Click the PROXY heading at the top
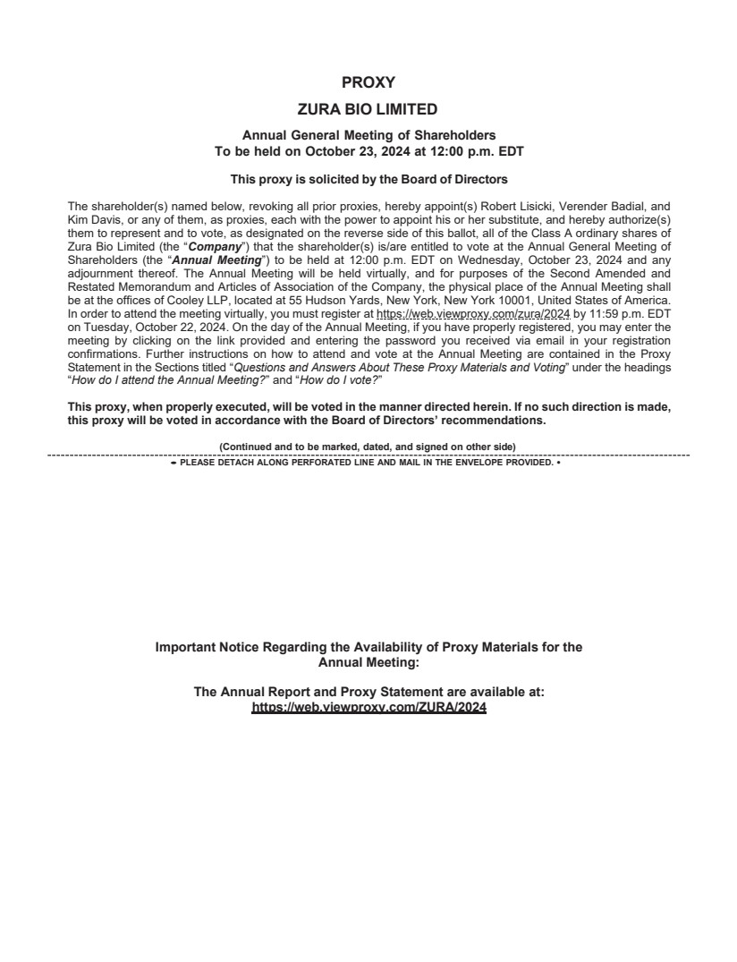pos(368,82)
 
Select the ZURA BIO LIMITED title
pos(368,109)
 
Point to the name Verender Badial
pos(598,205)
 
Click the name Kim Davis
pos(93,217)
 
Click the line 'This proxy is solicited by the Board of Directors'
pos(368,179)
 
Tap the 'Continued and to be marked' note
pos(368,447)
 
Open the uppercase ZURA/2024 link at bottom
pos(368,707)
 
